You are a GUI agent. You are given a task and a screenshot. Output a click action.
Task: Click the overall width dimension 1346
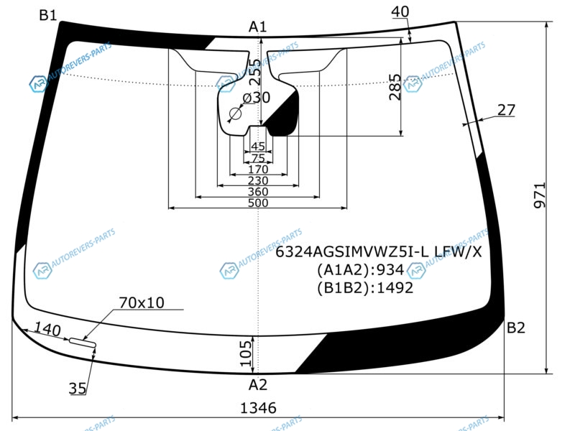pyautogui.click(x=258, y=408)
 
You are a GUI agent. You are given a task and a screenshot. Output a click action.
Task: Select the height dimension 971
pyautogui.click(x=540, y=195)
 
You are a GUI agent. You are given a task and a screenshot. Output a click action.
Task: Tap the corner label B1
pyautogui.click(x=48, y=15)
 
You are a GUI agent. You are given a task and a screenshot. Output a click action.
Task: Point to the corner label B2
pyautogui.click(x=516, y=328)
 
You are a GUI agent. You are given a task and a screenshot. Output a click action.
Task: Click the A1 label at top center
pyautogui.click(x=257, y=27)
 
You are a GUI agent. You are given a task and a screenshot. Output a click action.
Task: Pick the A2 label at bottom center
pyautogui.click(x=257, y=384)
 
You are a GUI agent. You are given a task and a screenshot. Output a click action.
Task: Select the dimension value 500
pyautogui.click(x=257, y=203)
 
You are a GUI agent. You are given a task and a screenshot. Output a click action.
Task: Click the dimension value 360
pyautogui.click(x=257, y=192)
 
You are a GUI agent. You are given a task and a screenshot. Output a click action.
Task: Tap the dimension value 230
pyautogui.click(x=257, y=180)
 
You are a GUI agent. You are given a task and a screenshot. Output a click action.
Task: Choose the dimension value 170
pyautogui.click(x=257, y=170)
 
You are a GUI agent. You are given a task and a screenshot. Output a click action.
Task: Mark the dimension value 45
pyautogui.click(x=257, y=147)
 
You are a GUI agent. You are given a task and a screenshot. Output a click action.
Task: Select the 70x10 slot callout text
pyautogui.click(x=142, y=302)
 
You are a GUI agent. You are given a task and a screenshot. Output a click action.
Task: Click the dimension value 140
pyautogui.click(x=47, y=330)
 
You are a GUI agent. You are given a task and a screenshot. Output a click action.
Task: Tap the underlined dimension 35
pyautogui.click(x=78, y=389)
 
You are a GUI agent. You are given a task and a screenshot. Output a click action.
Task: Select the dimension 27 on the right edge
pyautogui.click(x=507, y=110)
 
